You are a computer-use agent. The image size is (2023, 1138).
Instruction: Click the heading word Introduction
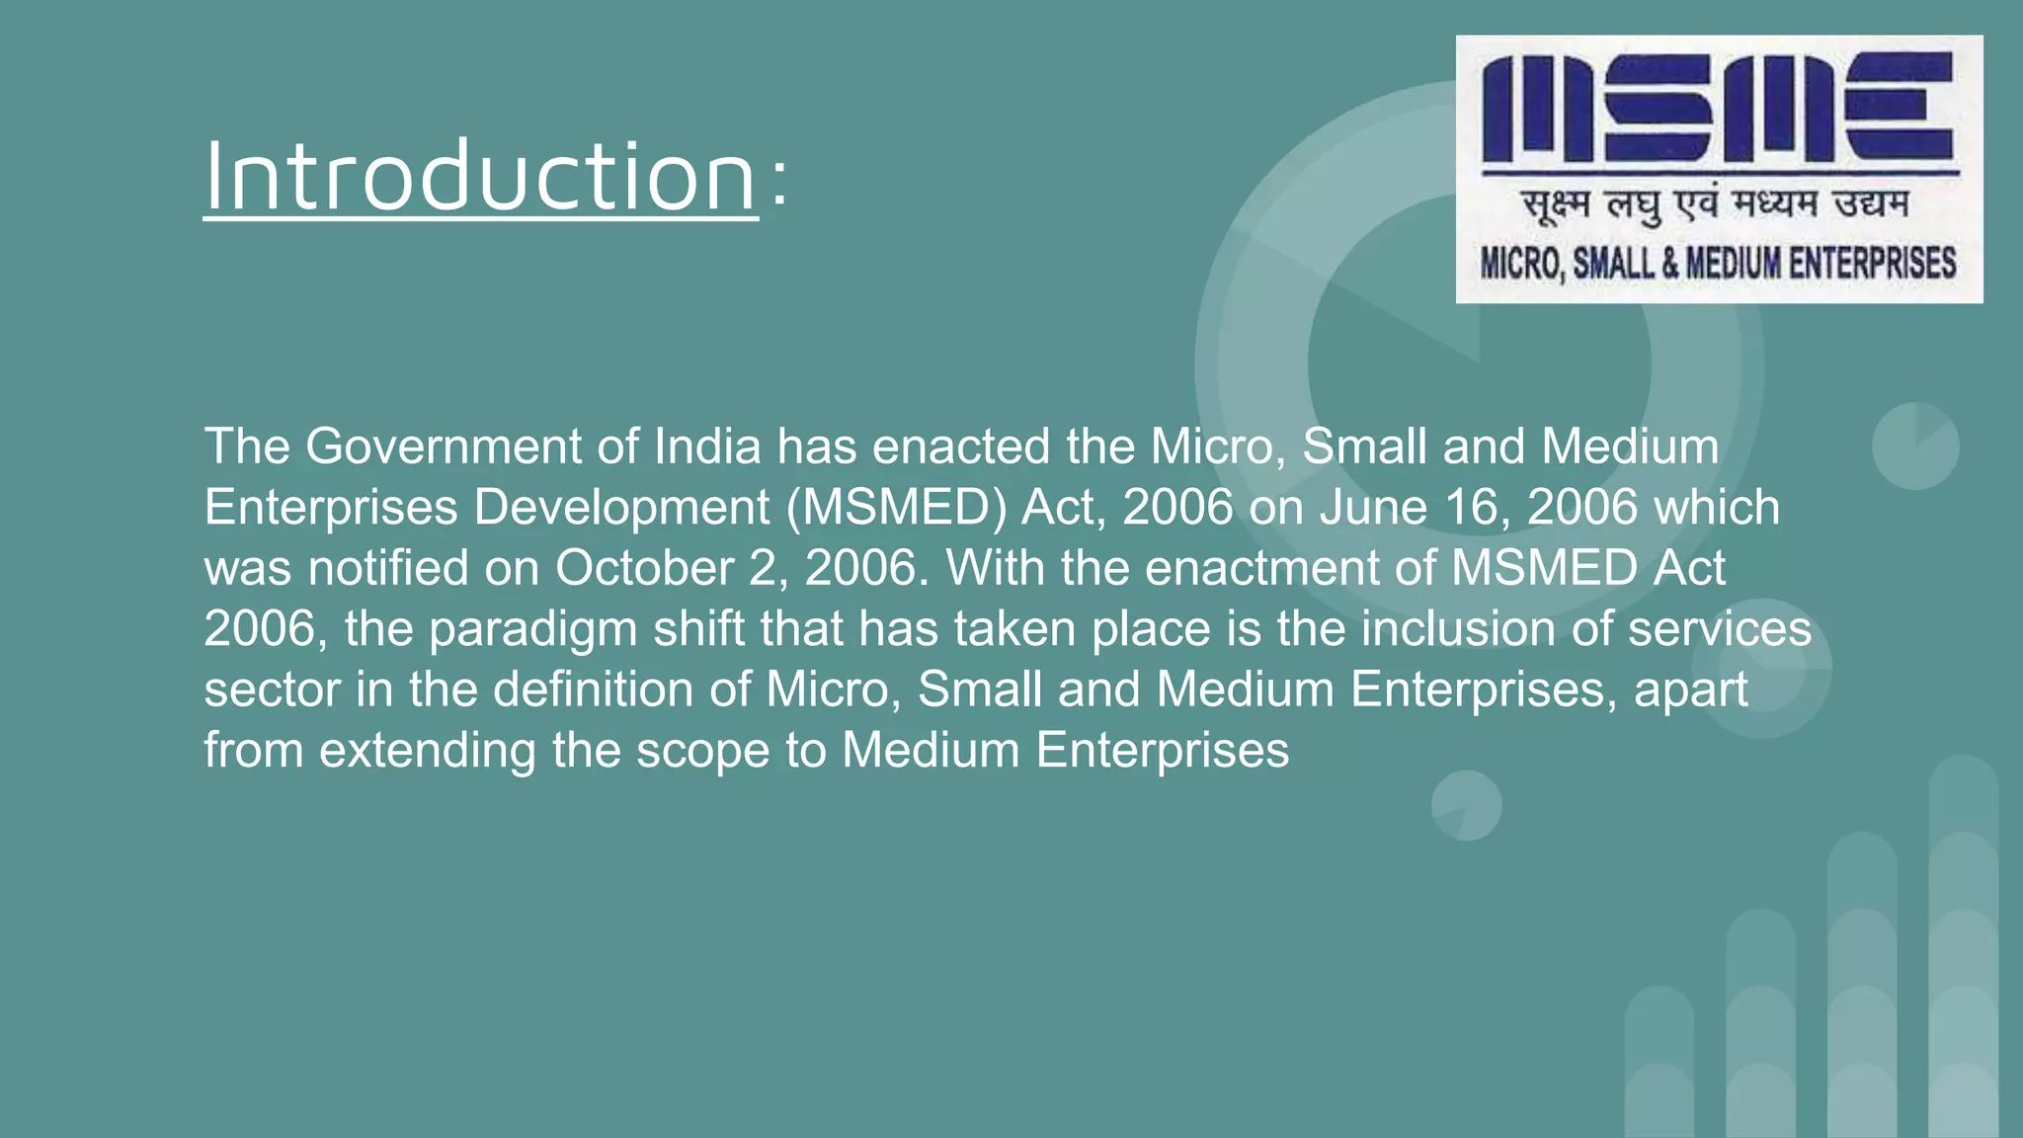click(x=480, y=177)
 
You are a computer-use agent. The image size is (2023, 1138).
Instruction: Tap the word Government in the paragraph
click(x=444, y=447)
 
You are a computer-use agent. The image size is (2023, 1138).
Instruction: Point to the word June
click(x=1374, y=508)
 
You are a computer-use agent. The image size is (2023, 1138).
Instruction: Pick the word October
click(x=644, y=568)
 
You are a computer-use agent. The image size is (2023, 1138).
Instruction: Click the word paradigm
click(x=533, y=630)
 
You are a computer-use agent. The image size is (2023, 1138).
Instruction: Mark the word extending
click(x=428, y=751)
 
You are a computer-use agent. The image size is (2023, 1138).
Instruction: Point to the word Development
click(x=621, y=508)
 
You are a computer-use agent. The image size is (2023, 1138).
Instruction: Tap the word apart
click(x=1690, y=691)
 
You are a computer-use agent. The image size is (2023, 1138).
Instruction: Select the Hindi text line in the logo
click(x=1716, y=205)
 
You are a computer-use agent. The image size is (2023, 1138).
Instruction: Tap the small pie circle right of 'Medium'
click(x=1915, y=446)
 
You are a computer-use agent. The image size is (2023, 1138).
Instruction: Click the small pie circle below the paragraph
click(x=1466, y=805)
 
